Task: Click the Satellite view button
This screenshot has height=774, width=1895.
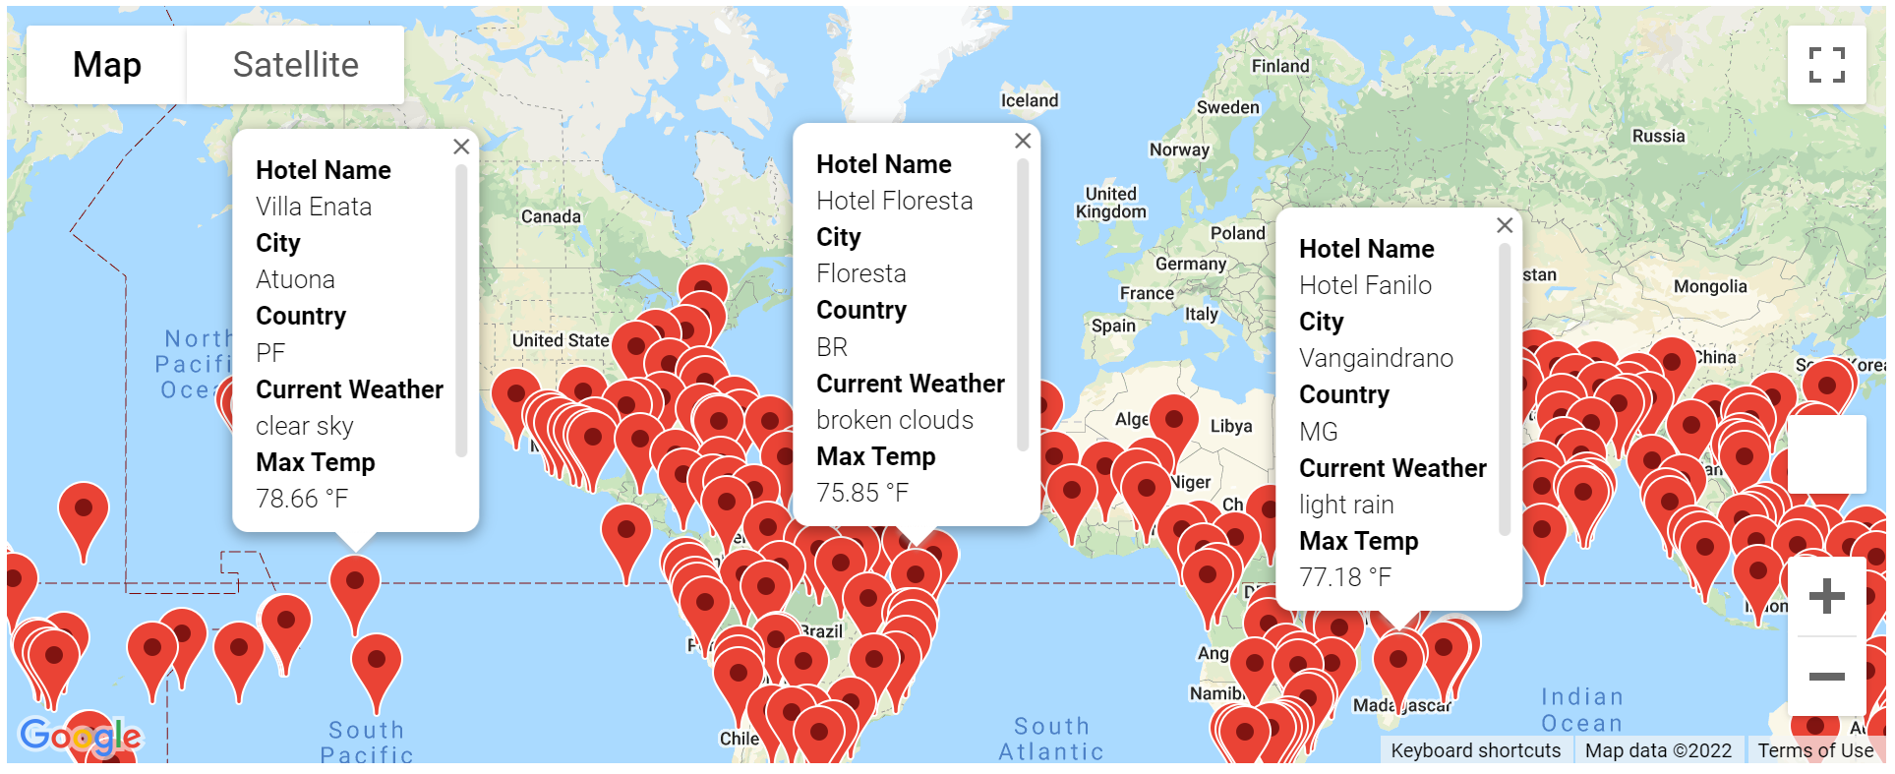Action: tap(295, 65)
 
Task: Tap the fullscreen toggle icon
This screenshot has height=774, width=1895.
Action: tap(1826, 65)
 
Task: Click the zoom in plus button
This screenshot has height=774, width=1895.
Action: tap(1826, 596)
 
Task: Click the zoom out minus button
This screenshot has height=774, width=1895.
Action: tap(1826, 676)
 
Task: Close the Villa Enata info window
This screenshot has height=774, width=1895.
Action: tap(461, 147)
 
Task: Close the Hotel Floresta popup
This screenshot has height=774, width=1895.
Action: tap(1023, 141)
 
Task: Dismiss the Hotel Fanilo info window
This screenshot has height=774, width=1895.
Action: tap(1505, 225)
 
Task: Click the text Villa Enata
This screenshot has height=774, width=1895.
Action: tap(314, 207)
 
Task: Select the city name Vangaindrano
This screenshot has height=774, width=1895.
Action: tap(1376, 358)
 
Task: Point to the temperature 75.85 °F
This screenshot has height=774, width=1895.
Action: tap(862, 493)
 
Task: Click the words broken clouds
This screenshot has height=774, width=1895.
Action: tap(895, 420)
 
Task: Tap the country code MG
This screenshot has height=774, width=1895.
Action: tap(1319, 432)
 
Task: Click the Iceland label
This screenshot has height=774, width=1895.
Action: tap(1030, 100)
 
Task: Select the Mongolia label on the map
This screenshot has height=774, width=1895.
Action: tap(1710, 286)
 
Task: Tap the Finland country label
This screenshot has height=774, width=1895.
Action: tap(1280, 66)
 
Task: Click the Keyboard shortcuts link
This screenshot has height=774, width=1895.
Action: tap(1475, 750)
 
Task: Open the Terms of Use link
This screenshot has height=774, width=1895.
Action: tap(1815, 750)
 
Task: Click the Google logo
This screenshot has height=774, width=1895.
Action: tap(81, 736)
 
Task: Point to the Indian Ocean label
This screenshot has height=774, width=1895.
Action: tap(1581, 710)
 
